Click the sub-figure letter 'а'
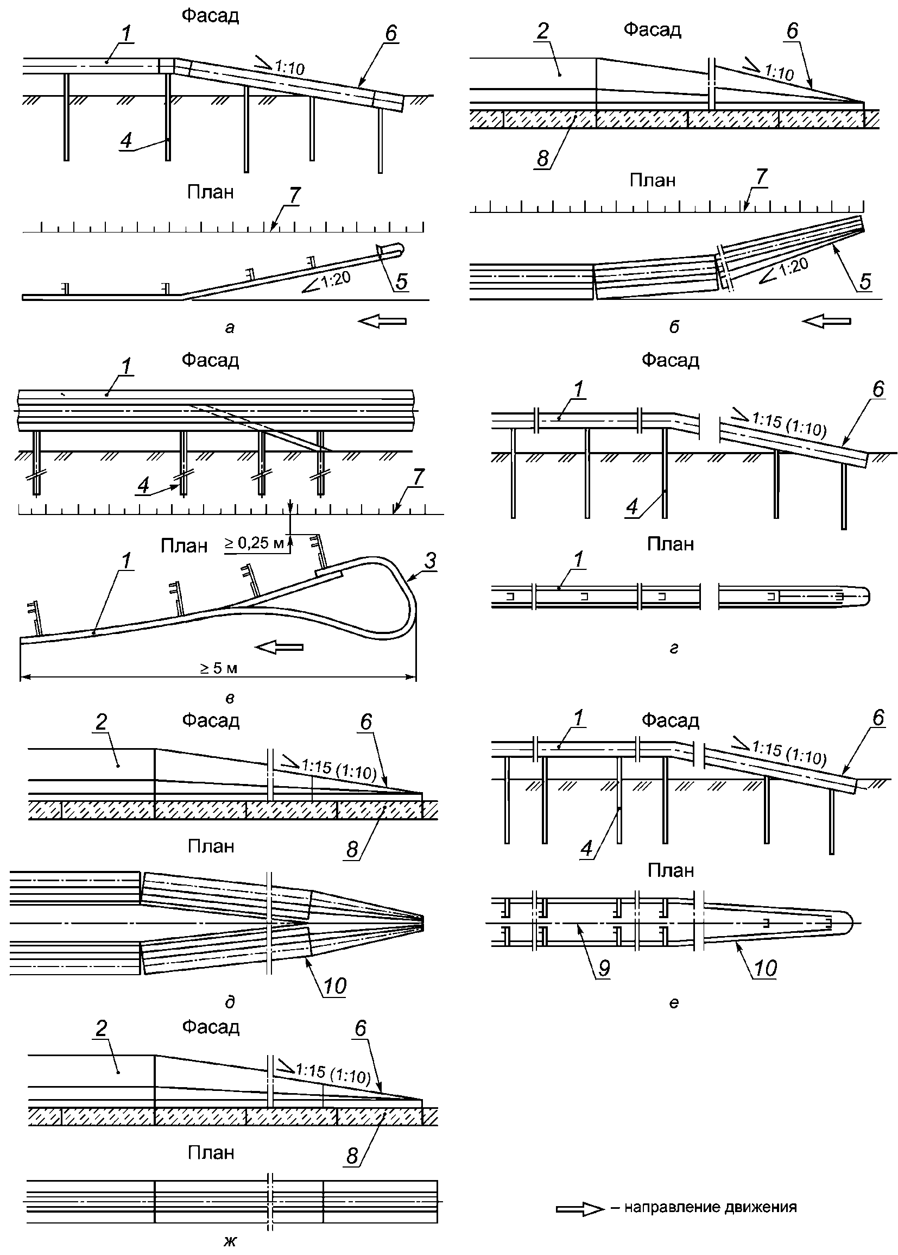pyautogui.click(x=230, y=328)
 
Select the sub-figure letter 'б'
pyautogui.click(x=673, y=327)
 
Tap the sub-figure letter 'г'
pyautogui.click(x=673, y=648)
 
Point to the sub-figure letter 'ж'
pyautogui.click(x=230, y=1241)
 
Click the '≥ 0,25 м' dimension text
pyautogui.click(x=254, y=543)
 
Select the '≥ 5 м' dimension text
pyautogui.click(x=219, y=668)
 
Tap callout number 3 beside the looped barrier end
pyautogui.click(x=430, y=561)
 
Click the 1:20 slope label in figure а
pyautogui.click(x=334, y=279)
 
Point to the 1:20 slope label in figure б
pyautogui.click(x=793, y=266)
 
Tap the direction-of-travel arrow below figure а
pyautogui.click(x=382, y=321)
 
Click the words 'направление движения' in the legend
pyautogui.click(x=710, y=1207)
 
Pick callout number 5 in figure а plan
pyautogui.click(x=401, y=281)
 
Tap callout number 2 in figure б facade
pyautogui.click(x=542, y=31)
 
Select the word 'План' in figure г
pyautogui.click(x=670, y=544)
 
